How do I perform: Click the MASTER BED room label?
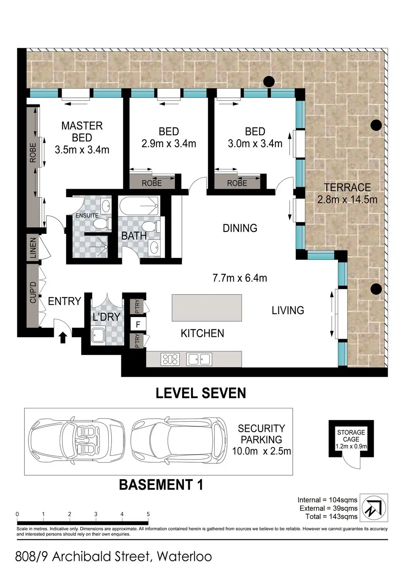tap(82, 138)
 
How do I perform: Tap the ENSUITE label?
tap(87, 215)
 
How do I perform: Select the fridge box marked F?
tap(138, 324)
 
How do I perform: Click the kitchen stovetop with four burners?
tap(170, 359)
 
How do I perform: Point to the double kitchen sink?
tap(199, 359)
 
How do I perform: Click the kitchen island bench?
tap(207, 308)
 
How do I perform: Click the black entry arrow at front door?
tap(63, 338)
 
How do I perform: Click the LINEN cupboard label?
tap(33, 248)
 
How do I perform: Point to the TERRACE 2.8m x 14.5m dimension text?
tap(347, 194)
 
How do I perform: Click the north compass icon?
tap(373, 508)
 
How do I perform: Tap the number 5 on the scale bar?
tap(148, 514)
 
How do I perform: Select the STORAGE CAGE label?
tap(351, 436)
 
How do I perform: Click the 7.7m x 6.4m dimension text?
tap(240, 278)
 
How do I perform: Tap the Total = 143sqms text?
tap(331, 516)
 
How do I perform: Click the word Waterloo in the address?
tap(184, 557)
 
